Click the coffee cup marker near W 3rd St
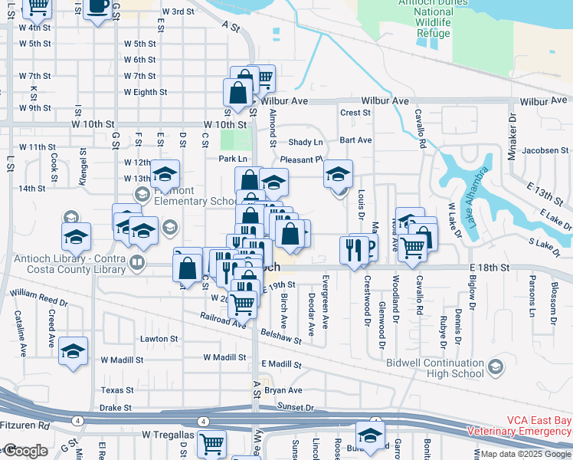(x=98, y=7)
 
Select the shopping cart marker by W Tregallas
(x=212, y=442)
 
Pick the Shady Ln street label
(x=306, y=143)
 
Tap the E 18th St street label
(x=490, y=267)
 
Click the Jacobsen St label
(x=545, y=150)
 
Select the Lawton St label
(x=159, y=338)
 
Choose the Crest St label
(x=355, y=112)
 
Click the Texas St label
(x=117, y=390)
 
